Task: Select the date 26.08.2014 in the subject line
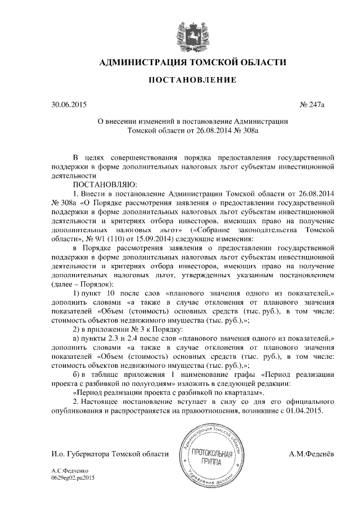click(x=205, y=130)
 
